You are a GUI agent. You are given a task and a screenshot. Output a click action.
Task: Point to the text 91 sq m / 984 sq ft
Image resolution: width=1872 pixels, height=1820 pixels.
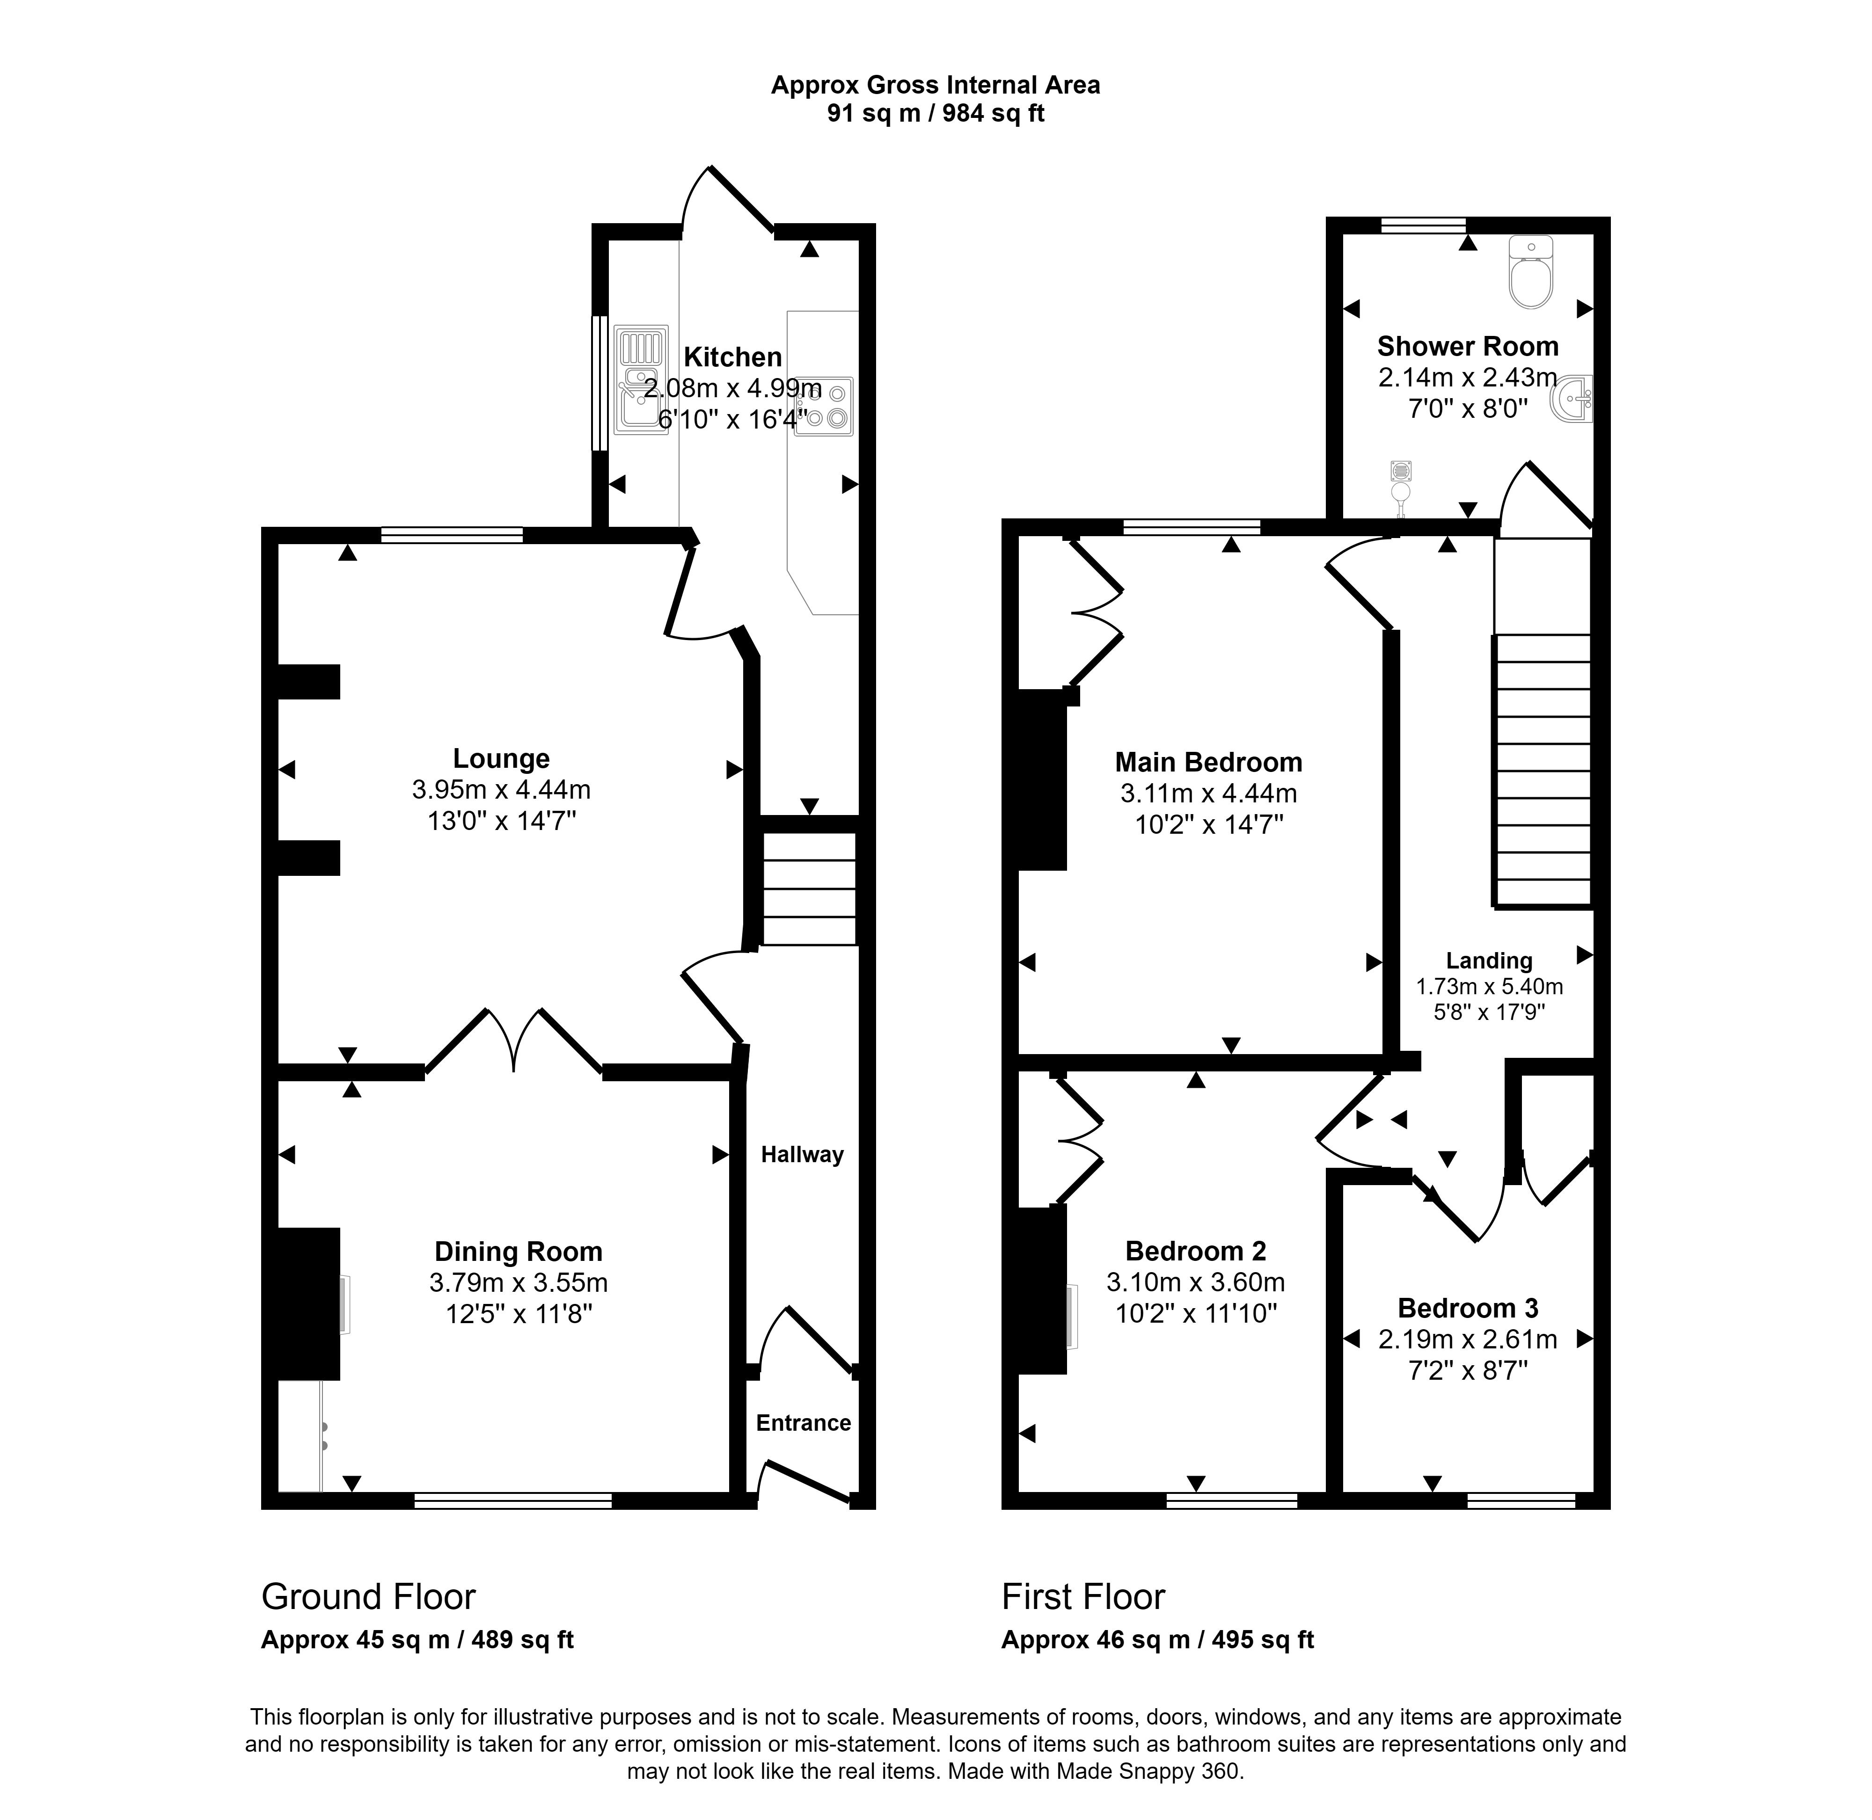[935, 114]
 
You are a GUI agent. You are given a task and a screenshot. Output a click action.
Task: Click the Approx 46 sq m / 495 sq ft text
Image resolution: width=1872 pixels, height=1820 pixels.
[1157, 1640]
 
